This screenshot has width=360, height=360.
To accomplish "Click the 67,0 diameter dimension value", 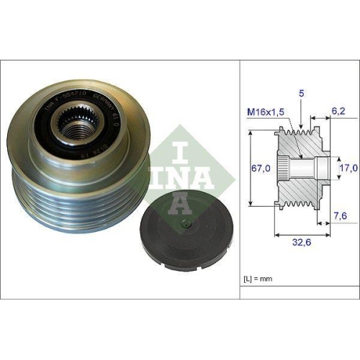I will tap(260, 168).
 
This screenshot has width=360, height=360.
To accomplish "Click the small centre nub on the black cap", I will tap(189, 225).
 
